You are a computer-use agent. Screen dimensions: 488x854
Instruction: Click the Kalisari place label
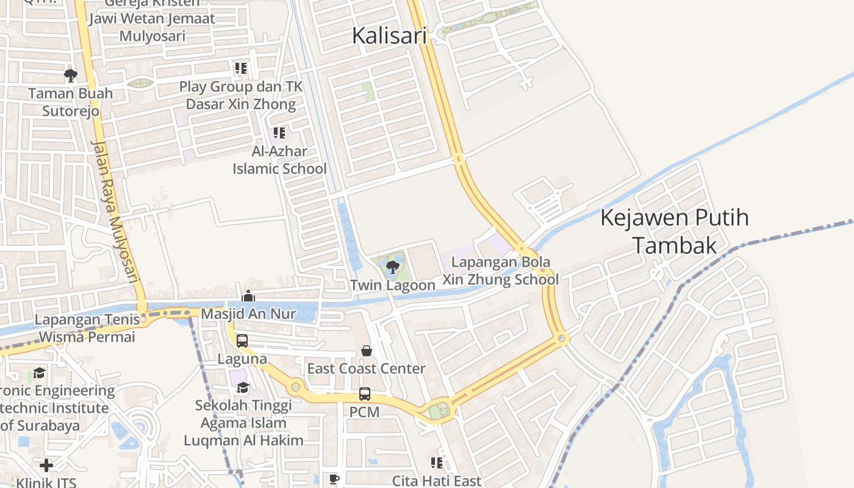(389, 35)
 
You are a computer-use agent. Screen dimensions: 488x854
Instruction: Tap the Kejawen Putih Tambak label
(675, 231)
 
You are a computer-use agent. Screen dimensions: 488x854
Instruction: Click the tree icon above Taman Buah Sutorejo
(71, 76)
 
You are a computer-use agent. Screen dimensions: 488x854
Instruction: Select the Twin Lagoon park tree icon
(392, 267)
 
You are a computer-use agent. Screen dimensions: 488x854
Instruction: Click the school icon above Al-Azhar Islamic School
(279, 132)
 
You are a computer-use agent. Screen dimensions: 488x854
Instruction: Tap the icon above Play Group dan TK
(241, 68)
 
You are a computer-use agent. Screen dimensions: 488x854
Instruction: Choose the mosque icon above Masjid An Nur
(248, 296)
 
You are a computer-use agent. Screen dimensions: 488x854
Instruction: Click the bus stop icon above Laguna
(242, 341)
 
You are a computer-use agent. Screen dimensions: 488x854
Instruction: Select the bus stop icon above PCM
(365, 394)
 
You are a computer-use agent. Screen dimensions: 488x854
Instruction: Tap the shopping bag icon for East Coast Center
(367, 351)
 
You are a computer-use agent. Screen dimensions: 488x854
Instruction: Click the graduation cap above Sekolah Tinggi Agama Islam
(243, 387)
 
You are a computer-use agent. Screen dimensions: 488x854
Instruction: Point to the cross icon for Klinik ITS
(46, 465)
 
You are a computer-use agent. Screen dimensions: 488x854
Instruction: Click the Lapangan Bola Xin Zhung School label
(500, 271)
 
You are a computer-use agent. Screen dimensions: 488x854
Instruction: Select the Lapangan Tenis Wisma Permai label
(85, 328)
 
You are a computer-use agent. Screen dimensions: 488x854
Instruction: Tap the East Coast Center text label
(366, 368)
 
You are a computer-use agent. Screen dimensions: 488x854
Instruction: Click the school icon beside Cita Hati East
(437, 463)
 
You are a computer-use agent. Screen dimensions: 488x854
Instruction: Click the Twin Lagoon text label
(393, 285)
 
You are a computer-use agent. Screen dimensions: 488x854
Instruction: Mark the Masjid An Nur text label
(248, 314)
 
